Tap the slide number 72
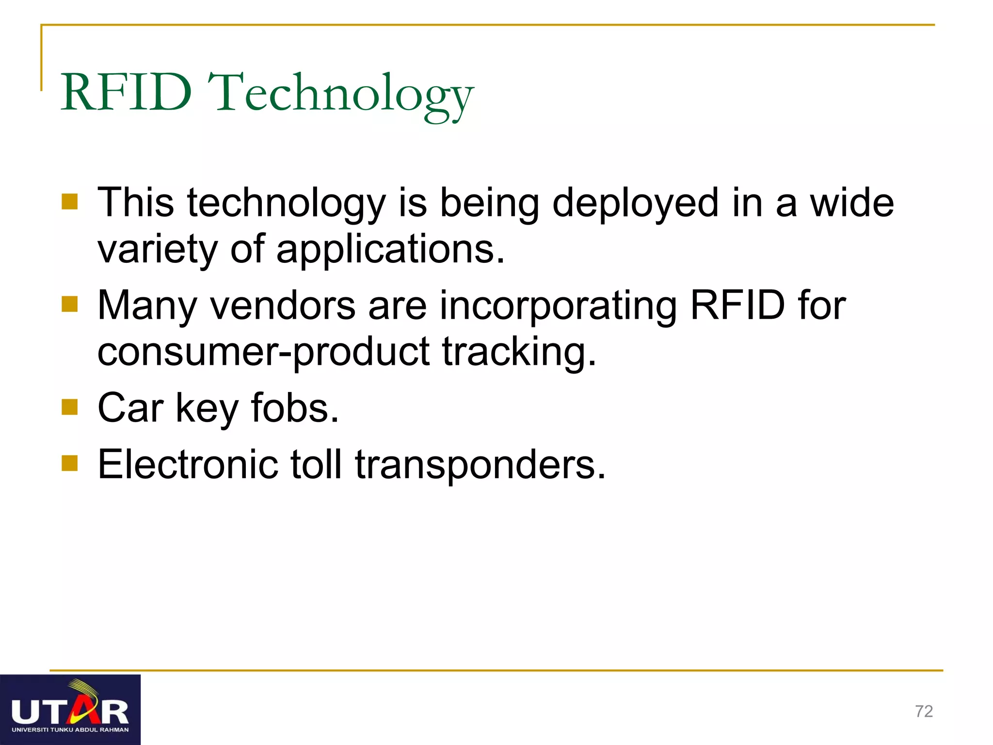point(924,711)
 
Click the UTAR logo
point(70,710)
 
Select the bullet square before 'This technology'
point(70,202)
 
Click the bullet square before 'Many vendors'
point(70,304)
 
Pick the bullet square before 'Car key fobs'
point(70,407)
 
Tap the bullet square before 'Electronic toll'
point(70,463)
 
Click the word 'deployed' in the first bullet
point(635,203)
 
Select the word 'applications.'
point(390,249)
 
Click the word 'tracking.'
point(519,352)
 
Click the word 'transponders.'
point(480,464)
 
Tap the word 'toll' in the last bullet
point(316,464)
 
